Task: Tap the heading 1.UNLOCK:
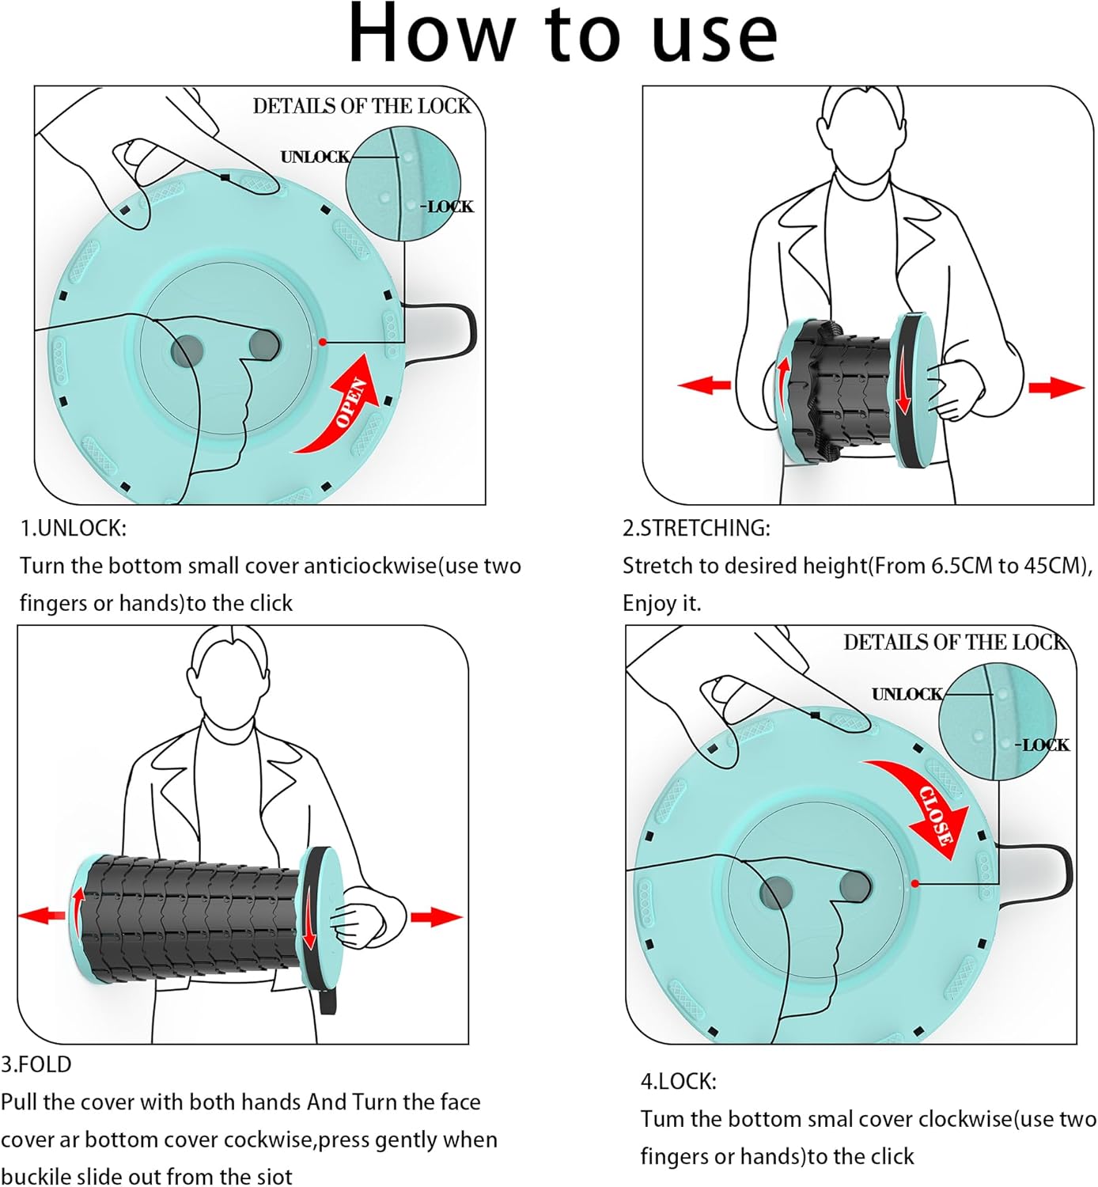click(73, 528)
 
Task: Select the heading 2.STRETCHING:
click(696, 528)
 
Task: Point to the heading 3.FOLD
click(36, 1064)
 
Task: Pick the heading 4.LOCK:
click(678, 1081)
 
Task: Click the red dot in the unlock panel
click(323, 342)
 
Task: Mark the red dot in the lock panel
click(914, 883)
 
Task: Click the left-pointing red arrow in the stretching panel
click(704, 385)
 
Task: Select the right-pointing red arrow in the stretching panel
click(1056, 387)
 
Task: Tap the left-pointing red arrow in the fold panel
click(41, 916)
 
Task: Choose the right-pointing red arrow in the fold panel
click(436, 917)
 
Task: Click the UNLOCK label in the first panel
click(314, 157)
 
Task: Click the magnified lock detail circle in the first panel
click(403, 184)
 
